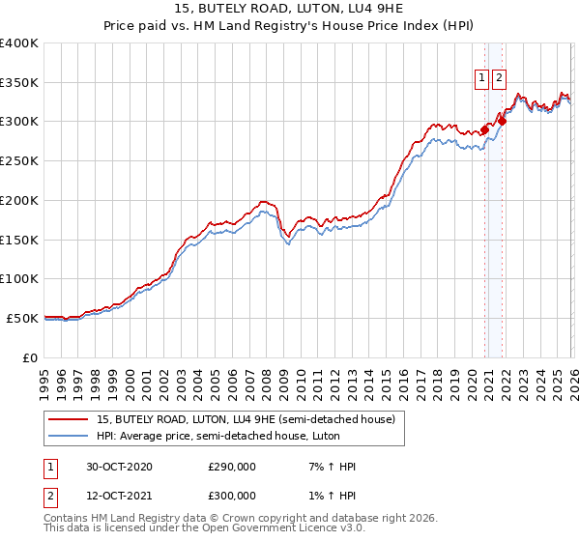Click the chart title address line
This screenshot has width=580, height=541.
[290, 9]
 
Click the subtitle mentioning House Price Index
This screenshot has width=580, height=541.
[290, 26]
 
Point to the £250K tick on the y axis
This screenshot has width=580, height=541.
[19, 161]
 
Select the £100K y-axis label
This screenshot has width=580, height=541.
[19, 279]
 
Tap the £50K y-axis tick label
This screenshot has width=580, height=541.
[22, 318]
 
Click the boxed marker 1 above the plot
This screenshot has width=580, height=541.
[481, 79]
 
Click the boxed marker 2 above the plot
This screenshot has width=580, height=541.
[499, 79]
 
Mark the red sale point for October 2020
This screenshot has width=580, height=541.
[484, 129]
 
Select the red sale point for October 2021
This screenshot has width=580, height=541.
[502, 122]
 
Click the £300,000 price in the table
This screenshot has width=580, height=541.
[232, 496]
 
